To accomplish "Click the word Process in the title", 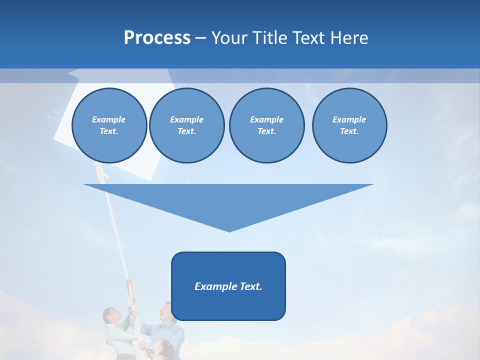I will tap(157, 38).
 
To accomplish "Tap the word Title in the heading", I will tap(269, 38).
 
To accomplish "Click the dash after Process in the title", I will tap(200, 38).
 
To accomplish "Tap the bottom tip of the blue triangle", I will tap(229, 230).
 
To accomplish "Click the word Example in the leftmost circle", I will tap(108, 119).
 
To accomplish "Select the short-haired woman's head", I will tap(110, 316).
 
